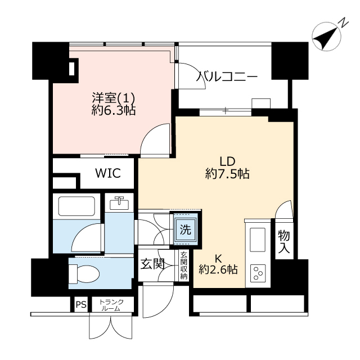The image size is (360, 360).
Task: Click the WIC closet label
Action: pos(107,173)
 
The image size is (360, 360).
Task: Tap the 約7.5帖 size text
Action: pos(227,174)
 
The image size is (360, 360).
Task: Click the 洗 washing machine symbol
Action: pos(184,229)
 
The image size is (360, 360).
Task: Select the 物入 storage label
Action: pos(284,242)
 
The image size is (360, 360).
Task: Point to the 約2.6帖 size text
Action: pos(218,269)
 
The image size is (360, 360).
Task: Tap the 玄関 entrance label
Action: pos(152,264)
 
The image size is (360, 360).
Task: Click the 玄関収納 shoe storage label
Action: pos(183,264)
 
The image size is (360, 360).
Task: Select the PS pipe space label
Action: pos(81,305)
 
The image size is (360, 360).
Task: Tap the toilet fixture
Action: pos(82,273)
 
